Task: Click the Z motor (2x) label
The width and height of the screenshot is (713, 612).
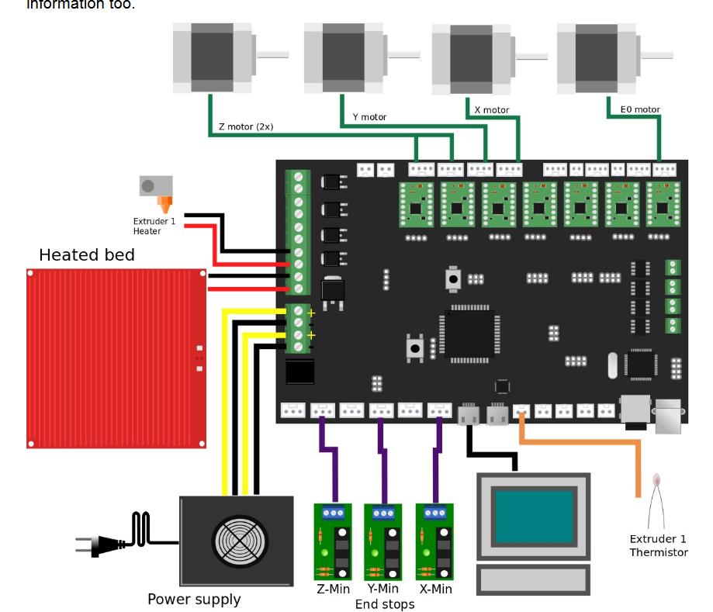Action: [245, 126]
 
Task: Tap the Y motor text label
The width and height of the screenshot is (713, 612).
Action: [369, 117]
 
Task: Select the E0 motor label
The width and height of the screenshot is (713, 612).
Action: [640, 110]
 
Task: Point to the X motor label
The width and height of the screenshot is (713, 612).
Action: [491, 110]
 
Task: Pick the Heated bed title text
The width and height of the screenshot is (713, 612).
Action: [87, 255]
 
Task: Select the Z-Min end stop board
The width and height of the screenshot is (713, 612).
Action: [333, 541]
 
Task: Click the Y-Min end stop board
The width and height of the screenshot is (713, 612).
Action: [383, 541]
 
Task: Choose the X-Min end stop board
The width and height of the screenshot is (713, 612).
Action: [435, 541]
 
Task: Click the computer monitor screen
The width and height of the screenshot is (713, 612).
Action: [532, 515]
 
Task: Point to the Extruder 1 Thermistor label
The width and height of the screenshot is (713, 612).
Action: [658, 546]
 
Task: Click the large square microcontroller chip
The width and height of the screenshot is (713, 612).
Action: [469, 334]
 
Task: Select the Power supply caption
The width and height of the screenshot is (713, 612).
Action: [194, 600]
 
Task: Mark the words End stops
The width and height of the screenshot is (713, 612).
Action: [384, 603]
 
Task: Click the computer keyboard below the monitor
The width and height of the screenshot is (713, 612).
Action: [533, 579]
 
